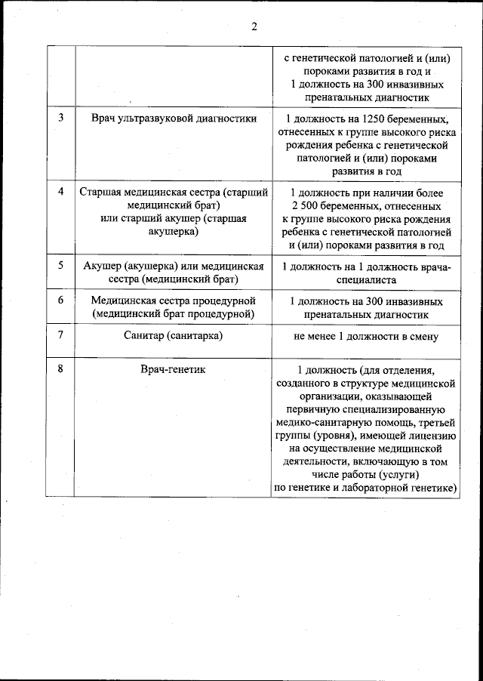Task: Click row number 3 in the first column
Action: pos(60,119)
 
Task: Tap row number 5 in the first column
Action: pos(60,265)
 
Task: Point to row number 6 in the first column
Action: pos(60,300)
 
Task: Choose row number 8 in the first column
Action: pos(60,368)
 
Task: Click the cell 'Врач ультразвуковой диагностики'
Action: pos(174,119)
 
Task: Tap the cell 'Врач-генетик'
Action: pos(174,368)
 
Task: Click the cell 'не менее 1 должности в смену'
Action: pos(365,337)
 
